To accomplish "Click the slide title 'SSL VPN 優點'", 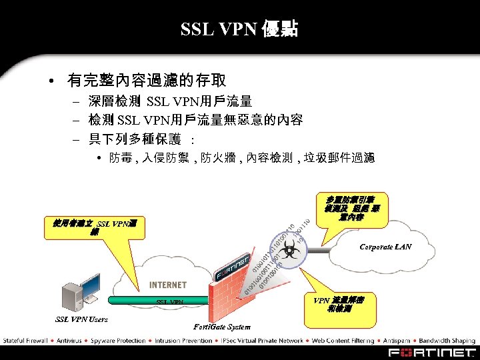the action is coord(239,29).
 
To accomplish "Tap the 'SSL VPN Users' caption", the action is coord(81,319).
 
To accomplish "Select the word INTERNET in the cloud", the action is coord(168,285).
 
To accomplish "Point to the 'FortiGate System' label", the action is coord(222,327).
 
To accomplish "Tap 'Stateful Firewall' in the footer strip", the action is coord(25,341).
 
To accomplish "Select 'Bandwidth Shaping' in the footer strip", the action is coord(446,341).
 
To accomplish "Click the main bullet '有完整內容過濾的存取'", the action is coord(147,81).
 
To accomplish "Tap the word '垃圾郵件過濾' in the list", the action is coord(339,158).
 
